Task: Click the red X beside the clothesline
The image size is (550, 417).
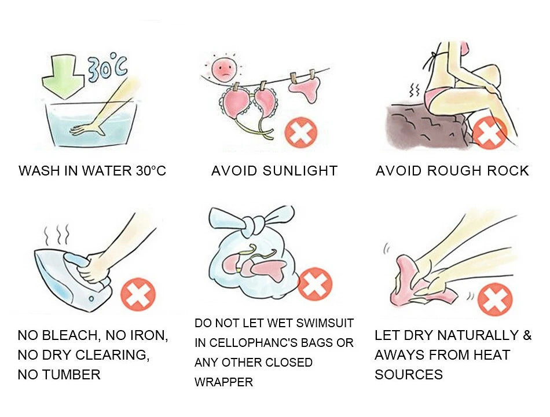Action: point(300,132)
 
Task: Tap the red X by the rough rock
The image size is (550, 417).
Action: point(490,133)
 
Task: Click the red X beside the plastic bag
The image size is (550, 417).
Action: point(315,284)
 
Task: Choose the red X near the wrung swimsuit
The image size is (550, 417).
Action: point(496,300)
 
